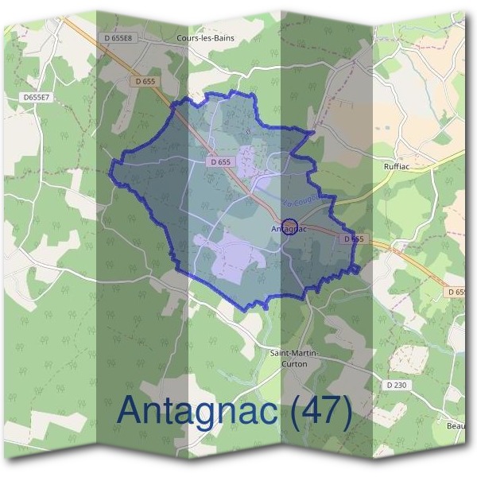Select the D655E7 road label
[36, 97]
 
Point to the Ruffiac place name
[397, 168]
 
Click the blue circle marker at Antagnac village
[290, 225]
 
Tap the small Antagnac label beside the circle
[289, 230]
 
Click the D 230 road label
[395, 385]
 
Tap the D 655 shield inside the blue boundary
[223, 161]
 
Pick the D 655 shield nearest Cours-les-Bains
[145, 81]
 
